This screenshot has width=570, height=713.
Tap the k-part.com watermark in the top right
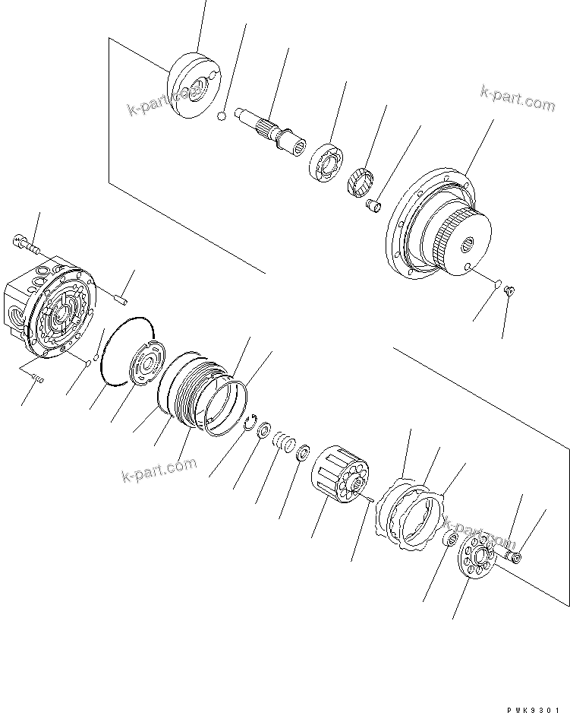click(x=518, y=99)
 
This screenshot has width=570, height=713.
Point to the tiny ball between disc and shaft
click(x=220, y=116)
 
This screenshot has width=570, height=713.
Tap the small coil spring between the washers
click(x=284, y=442)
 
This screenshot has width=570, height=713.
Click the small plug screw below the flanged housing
click(x=509, y=290)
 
